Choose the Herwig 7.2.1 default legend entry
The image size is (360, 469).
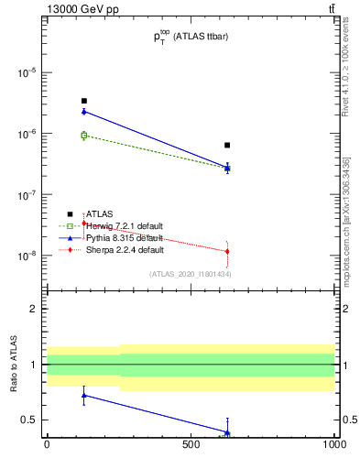[x=124, y=225]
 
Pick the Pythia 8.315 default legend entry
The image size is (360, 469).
[x=124, y=237]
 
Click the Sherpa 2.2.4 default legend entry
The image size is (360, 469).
[x=124, y=249]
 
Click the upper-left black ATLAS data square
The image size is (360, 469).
[x=83, y=101]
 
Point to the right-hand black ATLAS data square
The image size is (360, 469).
[x=227, y=145]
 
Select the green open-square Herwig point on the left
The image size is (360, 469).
[x=83, y=136]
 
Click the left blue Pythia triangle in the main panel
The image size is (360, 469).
[x=83, y=112]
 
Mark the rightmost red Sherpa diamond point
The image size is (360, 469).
[x=227, y=251]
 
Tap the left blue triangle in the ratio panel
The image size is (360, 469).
[x=83, y=396]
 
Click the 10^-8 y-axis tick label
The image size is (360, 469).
[x=27, y=256]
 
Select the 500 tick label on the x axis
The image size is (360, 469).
[x=191, y=444]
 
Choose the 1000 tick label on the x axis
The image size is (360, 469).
[x=333, y=444]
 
